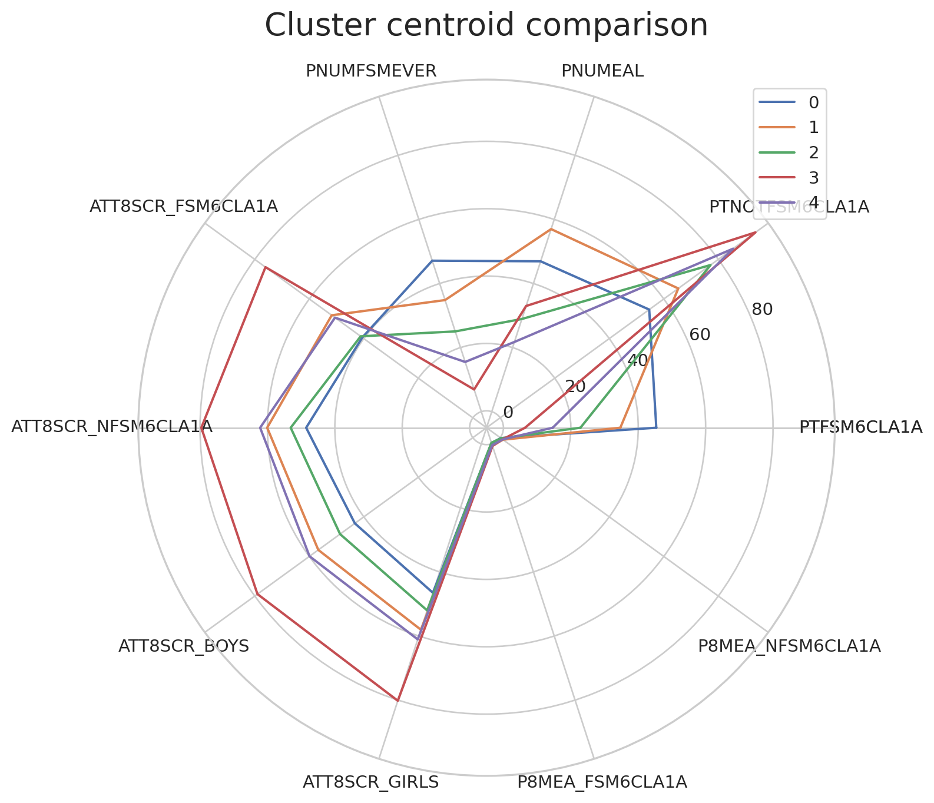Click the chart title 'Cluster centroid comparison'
486,25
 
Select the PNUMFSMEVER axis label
371,71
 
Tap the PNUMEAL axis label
602,71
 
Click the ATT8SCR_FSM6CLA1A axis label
184,206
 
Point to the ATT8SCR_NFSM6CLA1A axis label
112,427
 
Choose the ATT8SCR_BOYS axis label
184,646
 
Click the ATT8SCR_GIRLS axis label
370,782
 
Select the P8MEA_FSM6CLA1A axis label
602,782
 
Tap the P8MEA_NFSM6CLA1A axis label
789,646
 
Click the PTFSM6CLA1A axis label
860,427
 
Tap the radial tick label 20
575,386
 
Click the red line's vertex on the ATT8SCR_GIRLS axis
398,701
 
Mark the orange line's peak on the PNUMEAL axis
551,229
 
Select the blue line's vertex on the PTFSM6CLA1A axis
655,428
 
